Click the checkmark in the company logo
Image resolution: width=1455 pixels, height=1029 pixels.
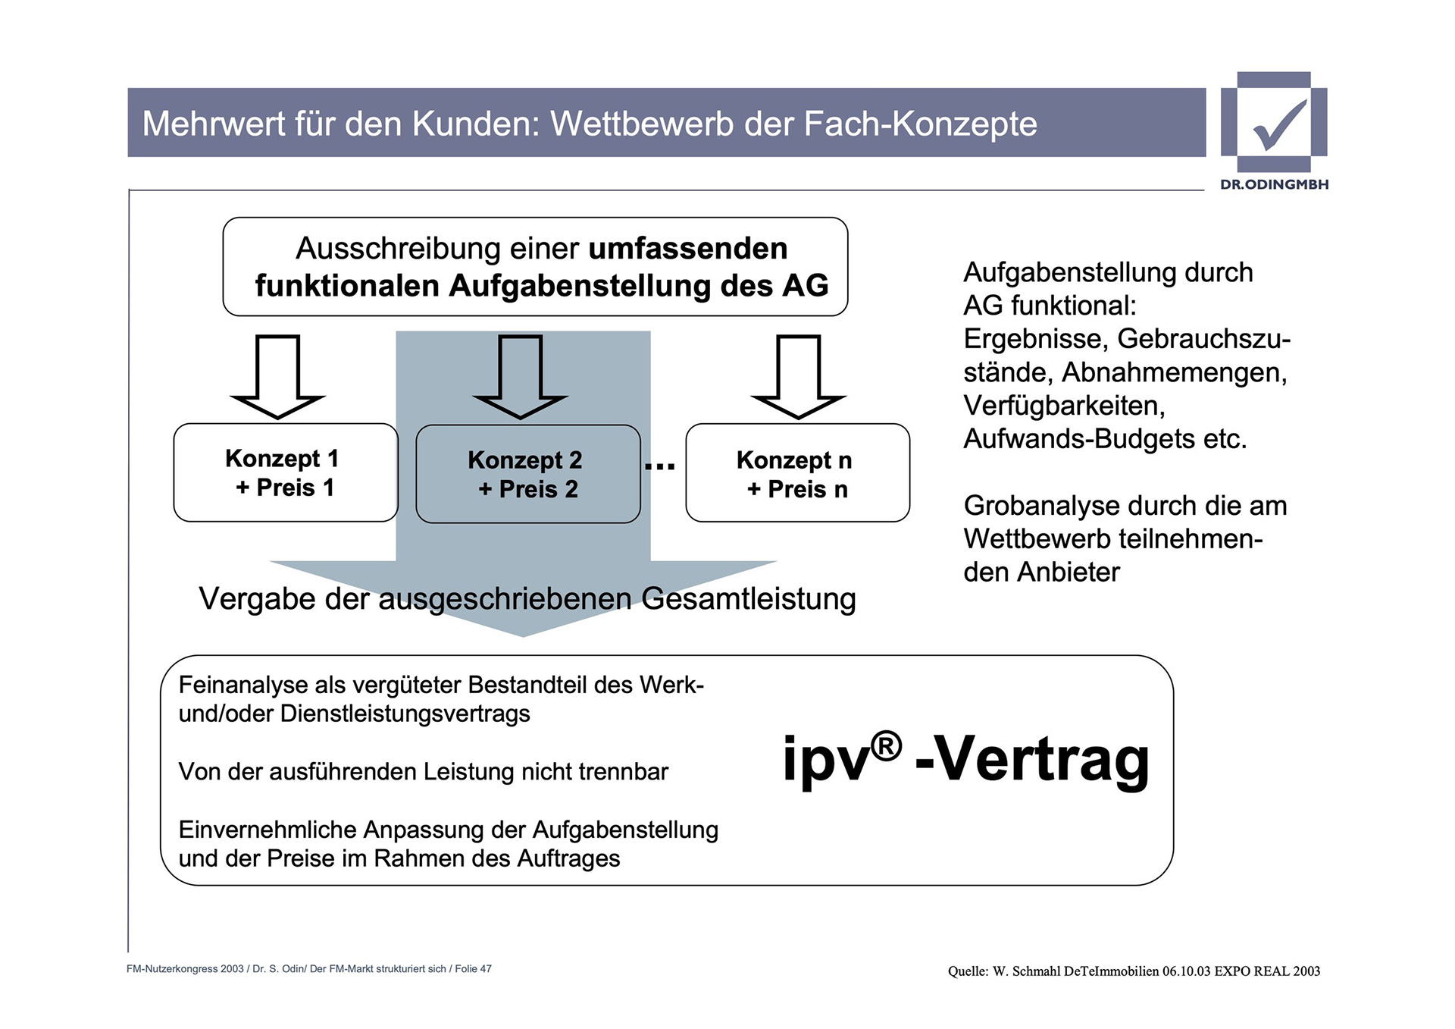[1279, 124]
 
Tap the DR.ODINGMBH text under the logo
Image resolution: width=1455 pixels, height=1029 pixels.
[1274, 184]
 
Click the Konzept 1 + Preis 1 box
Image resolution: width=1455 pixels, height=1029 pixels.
[286, 472]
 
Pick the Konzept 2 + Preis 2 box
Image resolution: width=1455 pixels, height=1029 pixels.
[528, 474]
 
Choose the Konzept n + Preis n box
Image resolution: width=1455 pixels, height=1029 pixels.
[797, 473]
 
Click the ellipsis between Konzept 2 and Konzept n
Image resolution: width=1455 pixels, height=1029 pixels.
[660, 466]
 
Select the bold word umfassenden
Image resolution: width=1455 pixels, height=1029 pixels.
[688, 249]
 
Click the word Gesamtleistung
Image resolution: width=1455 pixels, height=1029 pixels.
[749, 598]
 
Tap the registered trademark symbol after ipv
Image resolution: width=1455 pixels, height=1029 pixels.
[886, 746]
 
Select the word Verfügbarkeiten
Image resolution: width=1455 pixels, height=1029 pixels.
[1064, 406]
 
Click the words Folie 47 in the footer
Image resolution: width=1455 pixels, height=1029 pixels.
[473, 969]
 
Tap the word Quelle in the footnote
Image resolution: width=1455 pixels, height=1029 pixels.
[968, 971]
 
